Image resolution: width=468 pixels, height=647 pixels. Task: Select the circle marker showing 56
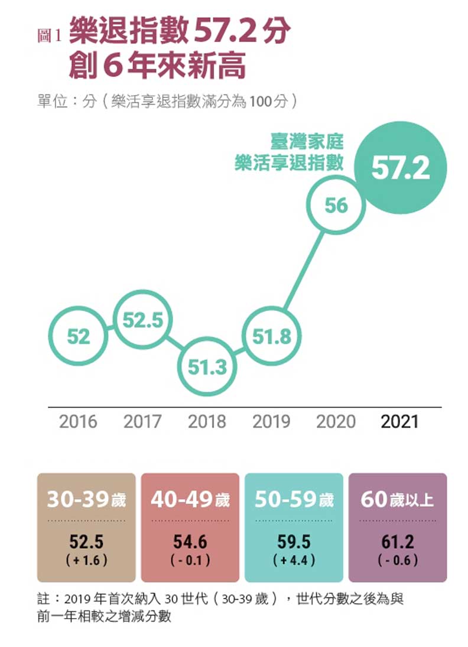(335, 205)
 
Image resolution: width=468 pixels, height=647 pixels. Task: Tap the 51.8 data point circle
(272, 337)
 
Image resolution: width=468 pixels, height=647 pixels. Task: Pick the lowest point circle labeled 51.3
(207, 367)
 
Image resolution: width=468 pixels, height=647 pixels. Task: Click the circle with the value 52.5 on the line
(142, 320)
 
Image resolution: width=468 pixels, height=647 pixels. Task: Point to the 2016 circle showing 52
(78, 337)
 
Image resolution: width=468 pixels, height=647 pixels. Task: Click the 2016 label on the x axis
(78, 422)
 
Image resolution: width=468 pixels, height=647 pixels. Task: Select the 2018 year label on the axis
(207, 422)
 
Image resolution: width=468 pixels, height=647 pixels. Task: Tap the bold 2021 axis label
(399, 422)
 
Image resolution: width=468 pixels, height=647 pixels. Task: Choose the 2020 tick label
(336, 422)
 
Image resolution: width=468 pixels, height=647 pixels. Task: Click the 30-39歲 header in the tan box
(86, 500)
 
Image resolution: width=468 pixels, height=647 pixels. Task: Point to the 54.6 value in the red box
(190, 541)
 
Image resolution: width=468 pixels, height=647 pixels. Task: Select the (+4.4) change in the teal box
(294, 559)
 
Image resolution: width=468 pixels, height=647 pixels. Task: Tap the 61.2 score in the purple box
(398, 541)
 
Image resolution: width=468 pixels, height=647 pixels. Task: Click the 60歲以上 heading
(398, 500)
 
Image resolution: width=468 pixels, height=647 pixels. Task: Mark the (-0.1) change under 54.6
(190, 559)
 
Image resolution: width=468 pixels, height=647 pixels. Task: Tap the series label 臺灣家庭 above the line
(307, 142)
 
